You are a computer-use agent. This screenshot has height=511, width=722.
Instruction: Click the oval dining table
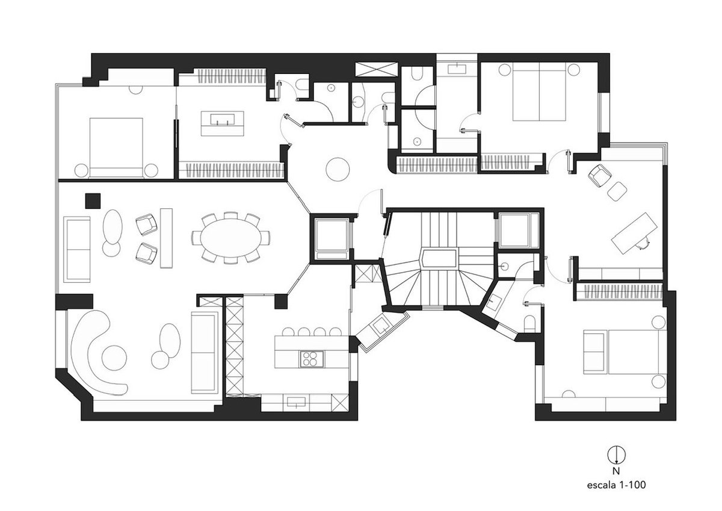[230, 238]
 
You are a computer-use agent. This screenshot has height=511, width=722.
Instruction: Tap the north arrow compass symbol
[617, 454]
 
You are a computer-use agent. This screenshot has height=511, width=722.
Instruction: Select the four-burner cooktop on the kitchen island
[312, 359]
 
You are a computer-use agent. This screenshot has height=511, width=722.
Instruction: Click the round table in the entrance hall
[338, 169]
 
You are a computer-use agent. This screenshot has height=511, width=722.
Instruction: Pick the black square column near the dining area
[93, 200]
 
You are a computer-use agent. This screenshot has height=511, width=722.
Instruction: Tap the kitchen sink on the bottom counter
[296, 403]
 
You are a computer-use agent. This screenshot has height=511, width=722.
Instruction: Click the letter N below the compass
[616, 471]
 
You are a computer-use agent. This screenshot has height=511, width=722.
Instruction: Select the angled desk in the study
[634, 232]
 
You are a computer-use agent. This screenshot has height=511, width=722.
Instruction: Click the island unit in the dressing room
[223, 123]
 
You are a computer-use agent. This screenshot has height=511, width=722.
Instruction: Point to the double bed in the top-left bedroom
[116, 147]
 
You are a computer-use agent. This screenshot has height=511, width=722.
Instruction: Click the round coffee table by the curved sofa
[114, 358]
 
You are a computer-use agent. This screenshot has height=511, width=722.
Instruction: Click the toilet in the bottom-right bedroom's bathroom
[529, 324]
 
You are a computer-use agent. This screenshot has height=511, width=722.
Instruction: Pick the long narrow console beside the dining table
[166, 238]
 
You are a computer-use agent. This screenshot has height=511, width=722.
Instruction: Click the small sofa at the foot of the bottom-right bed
[593, 353]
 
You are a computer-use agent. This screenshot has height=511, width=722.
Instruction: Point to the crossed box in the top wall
[376, 69]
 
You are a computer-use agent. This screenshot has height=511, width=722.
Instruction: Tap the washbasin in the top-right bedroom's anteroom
[457, 69]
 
